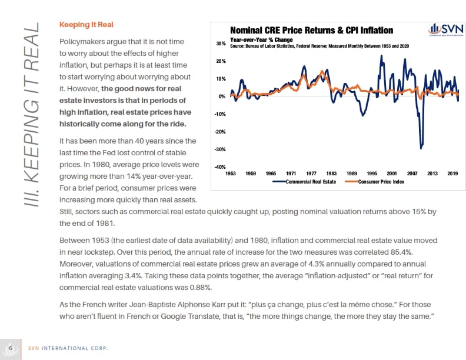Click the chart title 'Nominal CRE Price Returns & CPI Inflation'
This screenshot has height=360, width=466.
tap(311, 30)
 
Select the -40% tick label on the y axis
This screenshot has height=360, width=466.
tap(220, 167)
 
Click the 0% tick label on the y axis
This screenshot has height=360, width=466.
tap(222, 96)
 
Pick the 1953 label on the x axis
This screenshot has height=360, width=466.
tap(231, 174)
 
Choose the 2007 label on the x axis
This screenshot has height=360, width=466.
tap(412, 174)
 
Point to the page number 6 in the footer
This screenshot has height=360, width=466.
tap(11, 346)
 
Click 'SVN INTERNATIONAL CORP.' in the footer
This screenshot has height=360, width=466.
tap(69, 347)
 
